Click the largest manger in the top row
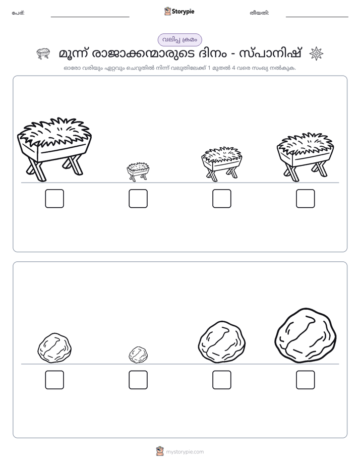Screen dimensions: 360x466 pyautogui.click(x=54, y=149)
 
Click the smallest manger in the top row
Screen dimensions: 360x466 pyautogui.click(x=138, y=171)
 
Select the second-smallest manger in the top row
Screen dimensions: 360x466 pyautogui.click(x=221, y=164)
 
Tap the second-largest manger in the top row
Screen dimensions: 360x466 pyautogui.click(x=305, y=157)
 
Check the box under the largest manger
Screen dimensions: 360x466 pyautogui.click(x=54, y=199)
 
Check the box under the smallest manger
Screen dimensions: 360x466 pyautogui.click(x=138, y=199)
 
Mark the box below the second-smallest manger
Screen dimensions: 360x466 pyautogui.click(x=221, y=199)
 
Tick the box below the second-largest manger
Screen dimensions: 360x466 pyautogui.click(x=306, y=199)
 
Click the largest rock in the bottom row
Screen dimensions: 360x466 pyautogui.click(x=306, y=335)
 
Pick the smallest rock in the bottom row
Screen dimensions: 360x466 pyautogui.click(x=138, y=355)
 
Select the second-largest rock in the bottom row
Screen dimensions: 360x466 pyautogui.click(x=222, y=342)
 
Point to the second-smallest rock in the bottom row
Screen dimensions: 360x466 pyautogui.click(x=54, y=347)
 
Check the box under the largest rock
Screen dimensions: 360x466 pyautogui.click(x=306, y=380)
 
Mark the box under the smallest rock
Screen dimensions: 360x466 pyautogui.click(x=138, y=380)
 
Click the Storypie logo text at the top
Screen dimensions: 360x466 pyautogui.click(x=183, y=12)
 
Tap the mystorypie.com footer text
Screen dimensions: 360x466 pyautogui.click(x=185, y=452)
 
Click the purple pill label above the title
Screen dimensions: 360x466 pyautogui.click(x=179, y=40)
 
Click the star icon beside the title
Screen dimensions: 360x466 pyautogui.click(x=316, y=54)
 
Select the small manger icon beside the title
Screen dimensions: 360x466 pyautogui.click(x=43, y=53)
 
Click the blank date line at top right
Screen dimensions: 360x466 pyautogui.click(x=317, y=17)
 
